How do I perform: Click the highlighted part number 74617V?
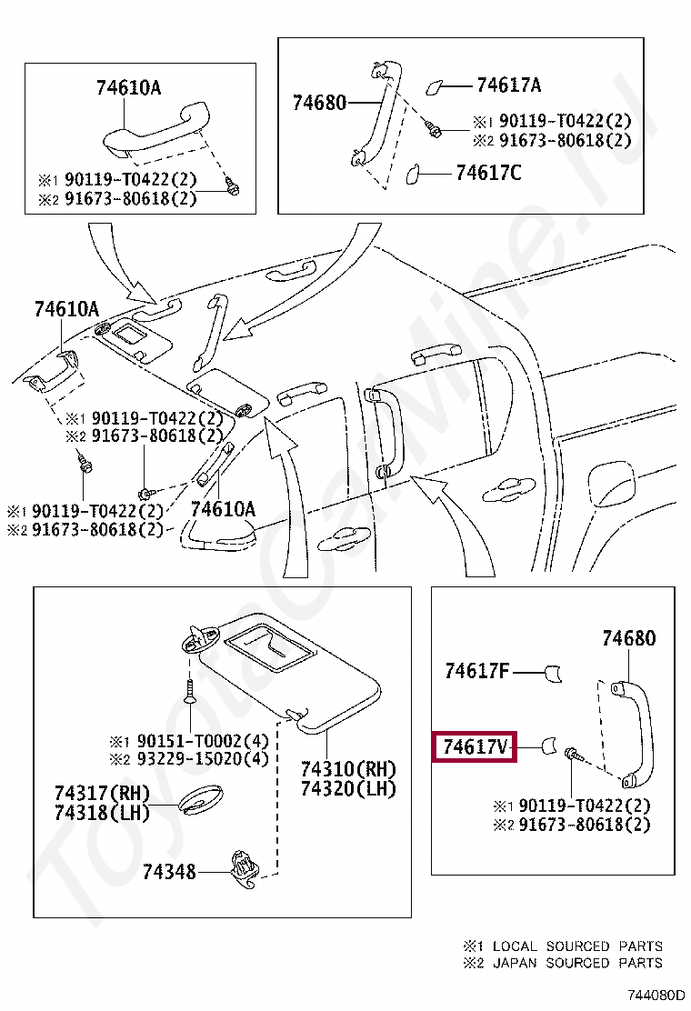click(475, 747)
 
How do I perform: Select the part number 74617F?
click(476, 672)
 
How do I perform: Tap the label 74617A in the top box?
click(508, 85)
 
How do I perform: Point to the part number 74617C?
click(488, 172)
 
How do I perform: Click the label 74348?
click(169, 871)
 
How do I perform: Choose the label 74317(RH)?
click(101, 793)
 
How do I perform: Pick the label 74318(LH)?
click(101, 812)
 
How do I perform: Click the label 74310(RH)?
click(348, 769)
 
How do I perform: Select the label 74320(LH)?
click(348, 788)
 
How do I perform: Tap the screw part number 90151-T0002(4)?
click(199, 740)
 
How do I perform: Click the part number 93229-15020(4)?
click(199, 758)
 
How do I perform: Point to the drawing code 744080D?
click(654, 996)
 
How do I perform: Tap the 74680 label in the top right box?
click(319, 103)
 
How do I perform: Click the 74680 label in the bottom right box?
click(628, 638)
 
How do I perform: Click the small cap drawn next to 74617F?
click(553, 673)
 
